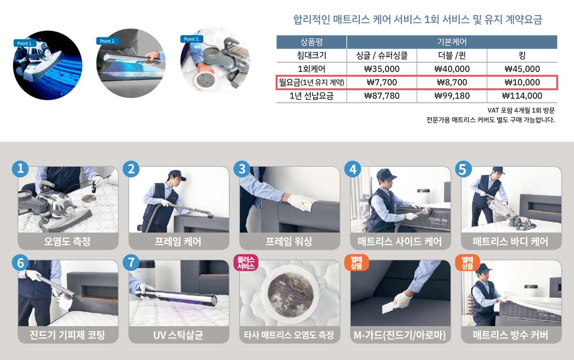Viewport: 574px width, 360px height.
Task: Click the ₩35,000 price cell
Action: pyautogui.click(x=381, y=69)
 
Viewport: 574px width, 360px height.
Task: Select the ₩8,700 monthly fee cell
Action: pyautogui.click(x=452, y=82)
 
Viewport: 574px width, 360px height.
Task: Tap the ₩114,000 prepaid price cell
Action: pyautogui.click(x=522, y=96)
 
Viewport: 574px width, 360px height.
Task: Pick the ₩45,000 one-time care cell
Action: pyautogui.click(x=522, y=69)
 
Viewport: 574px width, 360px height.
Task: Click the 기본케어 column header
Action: pyautogui.click(x=452, y=42)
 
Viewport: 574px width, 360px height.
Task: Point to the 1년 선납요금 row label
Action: pyautogui.click(x=311, y=96)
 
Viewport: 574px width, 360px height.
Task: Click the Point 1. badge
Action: pyautogui.click(x=25, y=43)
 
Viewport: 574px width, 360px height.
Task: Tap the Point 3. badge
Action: pyautogui.click(x=192, y=39)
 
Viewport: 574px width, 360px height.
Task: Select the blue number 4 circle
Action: pyautogui.click(x=353, y=169)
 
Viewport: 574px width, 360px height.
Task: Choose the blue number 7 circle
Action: pyautogui.click(x=131, y=262)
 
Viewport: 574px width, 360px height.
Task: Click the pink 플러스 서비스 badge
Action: pyautogui.click(x=246, y=262)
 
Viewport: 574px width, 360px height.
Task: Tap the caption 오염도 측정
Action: pyautogui.click(x=67, y=241)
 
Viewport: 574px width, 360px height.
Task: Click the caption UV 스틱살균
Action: pyautogui.click(x=178, y=335)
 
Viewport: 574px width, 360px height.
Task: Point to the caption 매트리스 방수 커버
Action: pyautogui.click(x=510, y=335)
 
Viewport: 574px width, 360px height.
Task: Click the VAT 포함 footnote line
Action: pyautogui.click(x=521, y=110)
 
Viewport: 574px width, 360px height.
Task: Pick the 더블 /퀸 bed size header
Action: pyautogui.click(x=452, y=55)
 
